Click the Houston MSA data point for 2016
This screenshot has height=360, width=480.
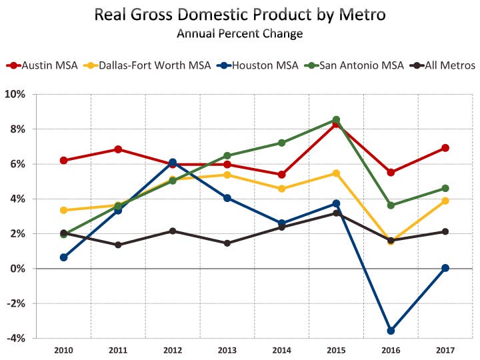pyautogui.click(x=391, y=331)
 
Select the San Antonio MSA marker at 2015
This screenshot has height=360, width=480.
pyautogui.click(x=336, y=119)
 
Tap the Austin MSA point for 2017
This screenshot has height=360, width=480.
pyautogui.click(x=445, y=148)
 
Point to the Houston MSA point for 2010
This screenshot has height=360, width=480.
pyautogui.click(x=64, y=257)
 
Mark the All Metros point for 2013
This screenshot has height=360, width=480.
pyautogui.click(x=227, y=243)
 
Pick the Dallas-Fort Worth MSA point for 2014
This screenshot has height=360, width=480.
pyautogui.click(x=281, y=189)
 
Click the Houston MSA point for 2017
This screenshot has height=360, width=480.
pyautogui.click(x=445, y=268)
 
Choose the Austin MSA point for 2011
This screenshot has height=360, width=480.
pyautogui.click(x=118, y=149)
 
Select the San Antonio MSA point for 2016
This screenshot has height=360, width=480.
pyautogui.click(x=391, y=205)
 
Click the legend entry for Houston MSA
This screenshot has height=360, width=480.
pyautogui.click(x=257, y=65)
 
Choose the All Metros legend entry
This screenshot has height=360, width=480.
pyautogui.click(x=442, y=65)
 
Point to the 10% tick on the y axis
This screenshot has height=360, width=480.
pyautogui.click(x=15, y=94)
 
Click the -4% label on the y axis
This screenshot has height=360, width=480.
pyautogui.click(x=15, y=338)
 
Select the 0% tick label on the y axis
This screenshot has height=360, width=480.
pyautogui.click(x=18, y=269)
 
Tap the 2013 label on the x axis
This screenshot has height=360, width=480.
pyautogui.click(x=227, y=350)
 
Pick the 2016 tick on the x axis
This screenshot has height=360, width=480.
pyautogui.click(x=391, y=350)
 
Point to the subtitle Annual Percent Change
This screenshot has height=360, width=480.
pyautogui.click(x=240, y=33)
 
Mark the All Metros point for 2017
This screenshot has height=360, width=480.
pyautogui.click(x=445, y=231)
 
